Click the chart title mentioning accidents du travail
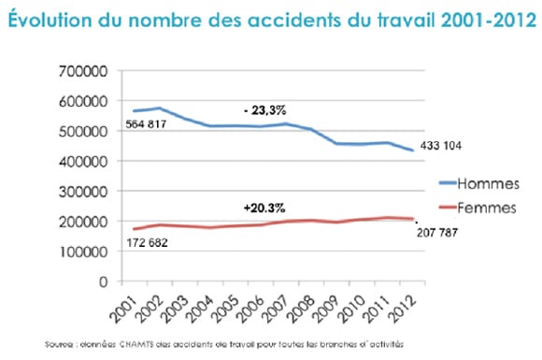click(x=271, y=17)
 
